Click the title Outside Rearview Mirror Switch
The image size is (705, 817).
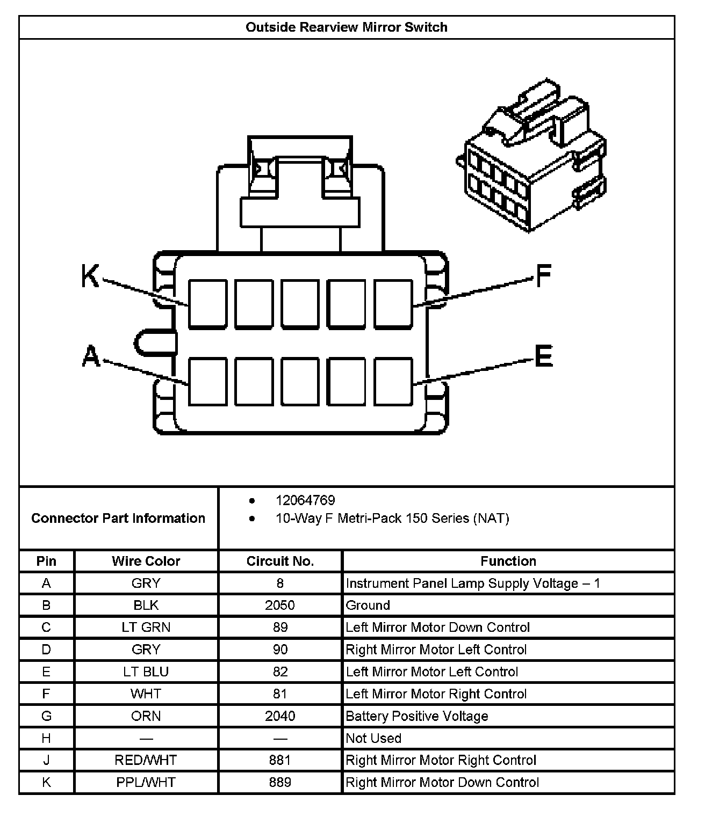coord(346,27)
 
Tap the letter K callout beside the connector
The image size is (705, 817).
coord(90,276)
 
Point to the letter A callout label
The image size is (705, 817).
coord(91,356)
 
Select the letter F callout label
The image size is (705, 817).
coord(543,276)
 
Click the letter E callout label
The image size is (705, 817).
coord(543,356)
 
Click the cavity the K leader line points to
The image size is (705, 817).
coord(207,303)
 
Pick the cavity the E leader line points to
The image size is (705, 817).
coord(393,382)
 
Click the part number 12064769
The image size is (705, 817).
coord(305,500)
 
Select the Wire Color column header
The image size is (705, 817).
coord(146,561)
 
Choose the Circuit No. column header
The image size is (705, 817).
coord(280,561)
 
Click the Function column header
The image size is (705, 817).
coord(508,561)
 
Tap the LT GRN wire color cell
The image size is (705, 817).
coord(146,627)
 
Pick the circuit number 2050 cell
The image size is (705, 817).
coord(280,605)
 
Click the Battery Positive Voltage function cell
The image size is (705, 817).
coord(417,716)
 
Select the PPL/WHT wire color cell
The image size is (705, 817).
coord(146,782)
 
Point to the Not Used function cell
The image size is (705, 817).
coord(373,738)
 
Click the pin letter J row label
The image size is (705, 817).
coord(46,760)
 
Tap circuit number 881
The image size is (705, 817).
coord(280,760)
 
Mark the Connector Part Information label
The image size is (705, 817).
coord(118,518)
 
